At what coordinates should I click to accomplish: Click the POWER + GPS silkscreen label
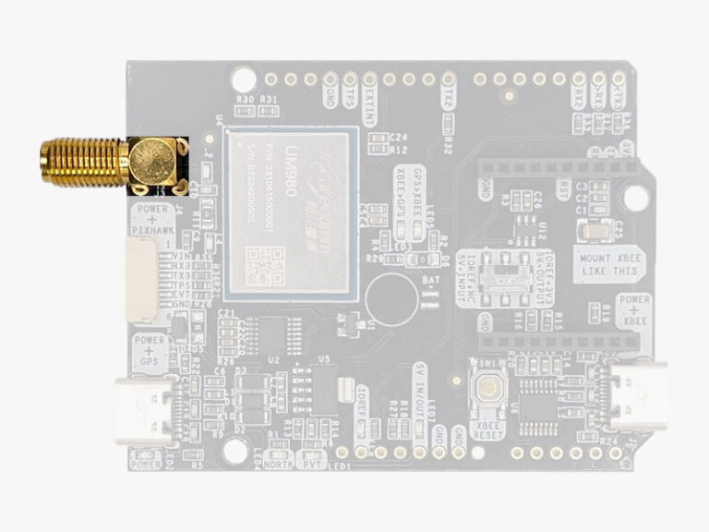[149, 351]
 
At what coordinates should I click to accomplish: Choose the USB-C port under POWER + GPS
[141, 407]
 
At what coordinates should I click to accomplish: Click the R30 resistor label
[245, 99]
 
